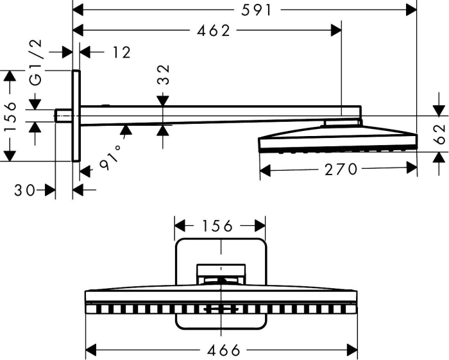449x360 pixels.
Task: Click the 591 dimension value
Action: click(256, 11)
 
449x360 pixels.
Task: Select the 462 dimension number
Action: click(214, 31)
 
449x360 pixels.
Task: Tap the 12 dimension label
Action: click(122, 53)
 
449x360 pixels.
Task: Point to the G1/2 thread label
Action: click(37, 63)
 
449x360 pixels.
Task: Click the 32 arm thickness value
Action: click(164, 74)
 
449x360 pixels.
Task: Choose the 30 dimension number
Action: click(25, 190)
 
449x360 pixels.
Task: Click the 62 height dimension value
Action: click(440, 134)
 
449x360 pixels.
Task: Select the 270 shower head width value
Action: click(341, 169)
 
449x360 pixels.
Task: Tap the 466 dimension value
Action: click(224, 350)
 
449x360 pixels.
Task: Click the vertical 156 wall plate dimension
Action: click(11, 116)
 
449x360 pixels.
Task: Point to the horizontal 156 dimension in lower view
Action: click(217, 226)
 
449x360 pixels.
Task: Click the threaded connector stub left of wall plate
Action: click(64, 116)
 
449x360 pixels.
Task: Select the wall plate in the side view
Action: click(76, 116)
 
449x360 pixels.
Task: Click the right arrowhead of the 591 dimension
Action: click(411, 11)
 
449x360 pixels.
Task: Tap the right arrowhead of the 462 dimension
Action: click(336, 30)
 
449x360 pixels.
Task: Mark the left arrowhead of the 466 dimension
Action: click(90, 350)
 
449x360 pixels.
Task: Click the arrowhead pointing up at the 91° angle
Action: click(126, 130)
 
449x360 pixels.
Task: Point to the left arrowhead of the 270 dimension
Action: click(265, 170)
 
